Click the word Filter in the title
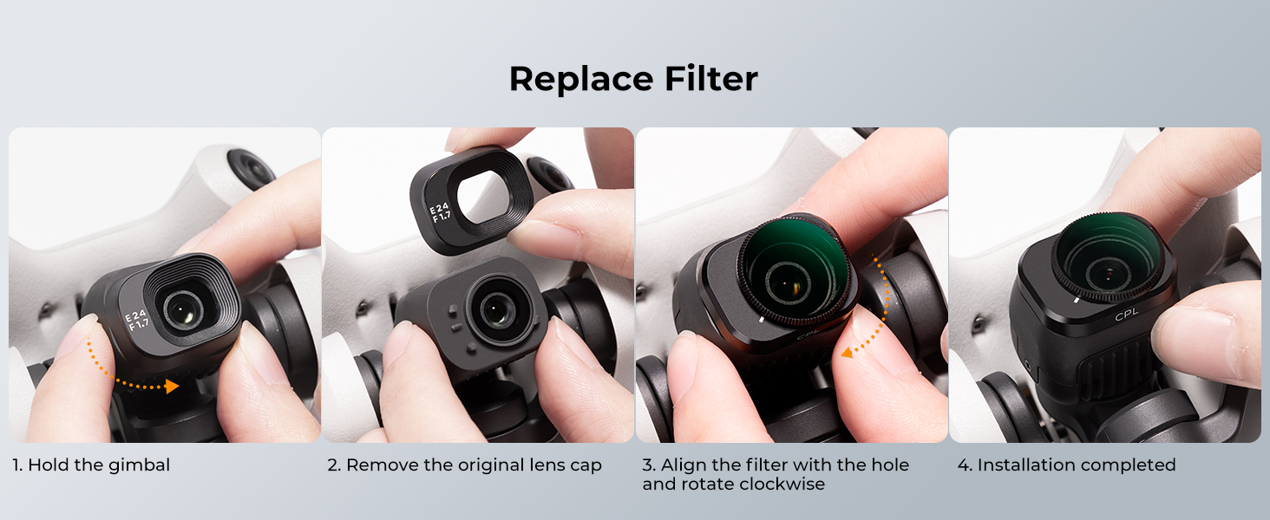pos(711,78)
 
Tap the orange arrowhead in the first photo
pos(172,387)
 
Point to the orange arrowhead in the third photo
pos(847,353)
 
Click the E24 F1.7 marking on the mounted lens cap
pos(137,320)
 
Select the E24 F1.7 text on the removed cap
pos(440,211)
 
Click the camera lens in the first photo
pos(183,309)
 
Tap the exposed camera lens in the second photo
pos(497,310)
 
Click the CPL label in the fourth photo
pos(1127,314)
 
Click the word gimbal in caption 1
pos(139,465)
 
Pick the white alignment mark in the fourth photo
pos(1076,300)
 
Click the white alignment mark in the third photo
pos(762,320)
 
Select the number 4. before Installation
pos(965,465)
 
